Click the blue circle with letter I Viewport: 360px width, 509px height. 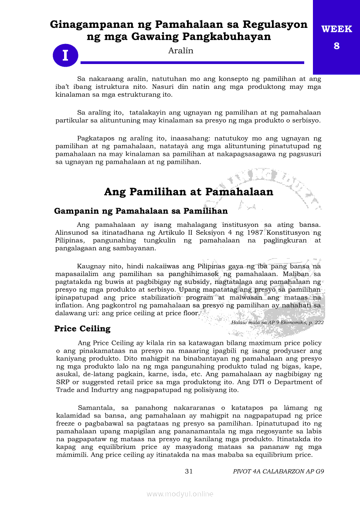coord(65,56)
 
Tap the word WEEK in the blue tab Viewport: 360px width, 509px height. coord(336,29)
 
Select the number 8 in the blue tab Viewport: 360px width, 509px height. coord(336,46)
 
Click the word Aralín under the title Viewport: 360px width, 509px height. coord(180,51)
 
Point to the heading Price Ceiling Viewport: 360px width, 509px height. coord(82,329)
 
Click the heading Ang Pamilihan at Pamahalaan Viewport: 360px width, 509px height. coord(188,192)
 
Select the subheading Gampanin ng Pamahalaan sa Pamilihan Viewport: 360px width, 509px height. coord(141,211)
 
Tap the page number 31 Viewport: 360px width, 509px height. coord(189,471)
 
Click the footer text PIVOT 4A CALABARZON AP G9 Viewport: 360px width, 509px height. coord(278,471)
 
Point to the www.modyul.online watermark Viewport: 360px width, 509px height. coord(180,494)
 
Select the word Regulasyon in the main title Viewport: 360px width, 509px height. coord(278,24)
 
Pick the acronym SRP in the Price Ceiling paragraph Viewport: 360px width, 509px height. coord(62,382)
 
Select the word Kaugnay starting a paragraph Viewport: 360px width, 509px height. coord(91,266)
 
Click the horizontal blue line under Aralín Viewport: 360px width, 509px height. coord(192,63)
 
